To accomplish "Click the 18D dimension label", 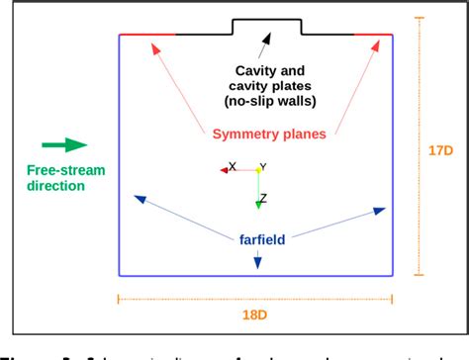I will (x=256, y=315).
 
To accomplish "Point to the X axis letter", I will (x=233, y=166).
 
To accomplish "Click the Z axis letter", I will (x=263, y=198).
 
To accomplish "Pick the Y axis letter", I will (x=263, y=167).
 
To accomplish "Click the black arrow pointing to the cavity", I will (x=265, y=44).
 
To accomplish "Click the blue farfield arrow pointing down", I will (x=257, y=259).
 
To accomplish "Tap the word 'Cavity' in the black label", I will (x=255, y=70).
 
